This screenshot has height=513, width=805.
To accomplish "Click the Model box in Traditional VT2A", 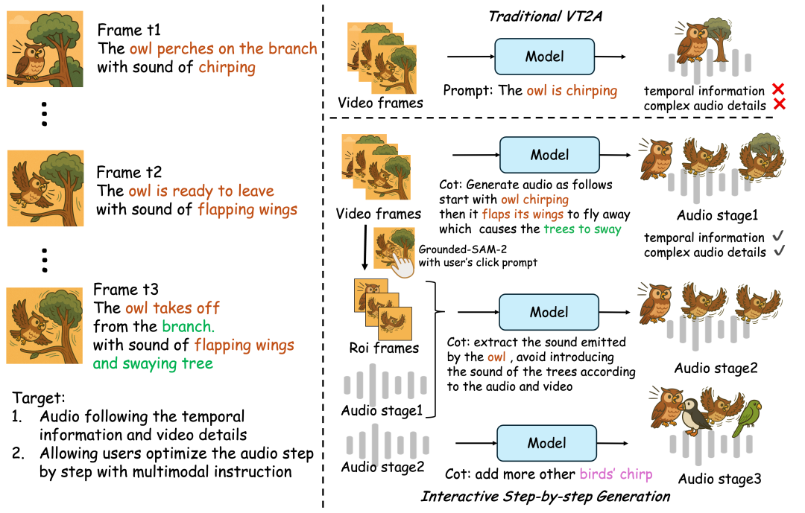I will point(545,57).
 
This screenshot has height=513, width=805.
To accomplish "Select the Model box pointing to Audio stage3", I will point(548,443).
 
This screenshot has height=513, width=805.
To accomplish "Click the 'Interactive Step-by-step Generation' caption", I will point(545,496).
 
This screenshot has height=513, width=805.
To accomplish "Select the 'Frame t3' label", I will point(126,288).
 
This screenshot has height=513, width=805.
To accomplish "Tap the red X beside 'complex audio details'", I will point(780,106).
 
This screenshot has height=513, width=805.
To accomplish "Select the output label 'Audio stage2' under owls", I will point(717,368).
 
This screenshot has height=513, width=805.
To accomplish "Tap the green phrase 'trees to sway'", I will point(582,229).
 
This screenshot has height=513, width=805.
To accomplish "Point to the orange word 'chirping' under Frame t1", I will point(227,68).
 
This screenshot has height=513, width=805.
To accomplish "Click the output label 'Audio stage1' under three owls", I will point(717,215).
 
